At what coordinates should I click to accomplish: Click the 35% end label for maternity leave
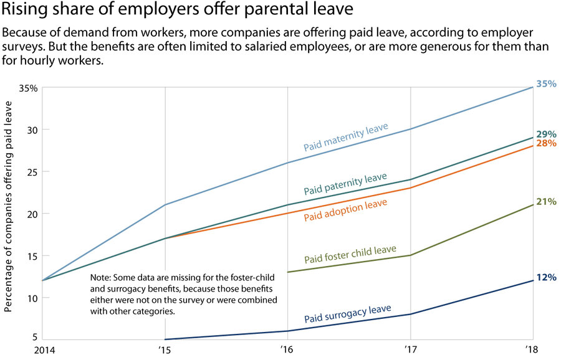[x=546, y=83]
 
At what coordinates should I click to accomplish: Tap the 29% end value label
[x=546, y=134]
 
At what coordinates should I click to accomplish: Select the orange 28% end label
[x=546, y=143]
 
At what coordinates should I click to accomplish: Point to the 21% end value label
[x=546, y=201]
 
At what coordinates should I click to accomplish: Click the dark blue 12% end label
[x=546, y=277]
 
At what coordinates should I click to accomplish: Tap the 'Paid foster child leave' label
[x=350, y=254]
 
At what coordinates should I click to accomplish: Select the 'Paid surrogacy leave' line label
[x=347, y=314]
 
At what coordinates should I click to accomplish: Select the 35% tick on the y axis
[x=28, y=88]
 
